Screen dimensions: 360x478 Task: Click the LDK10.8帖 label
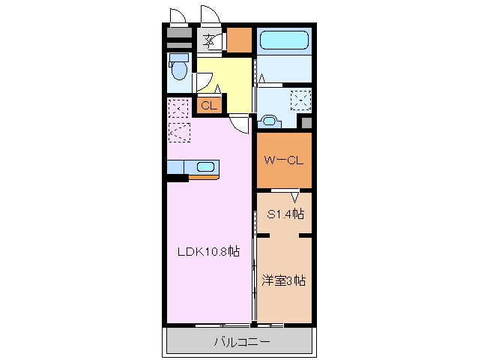tap(208, 253)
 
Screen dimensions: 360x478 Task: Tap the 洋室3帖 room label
tap(282, 280)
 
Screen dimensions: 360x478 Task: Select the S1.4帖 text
tap(285, 214)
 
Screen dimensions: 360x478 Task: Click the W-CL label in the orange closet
tap(283, 160)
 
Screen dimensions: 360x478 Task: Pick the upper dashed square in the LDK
tap(178, 109)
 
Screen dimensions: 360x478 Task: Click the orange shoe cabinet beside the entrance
tap(239, 40)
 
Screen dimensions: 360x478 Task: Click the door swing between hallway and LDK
tap(238, 124)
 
